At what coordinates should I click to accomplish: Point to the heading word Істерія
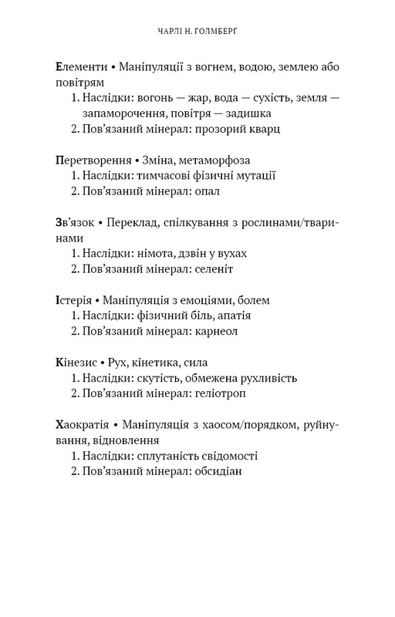pyautogui.click(x=74, y=300)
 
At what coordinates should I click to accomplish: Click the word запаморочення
pyautogui.click(x=120, y=113)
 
